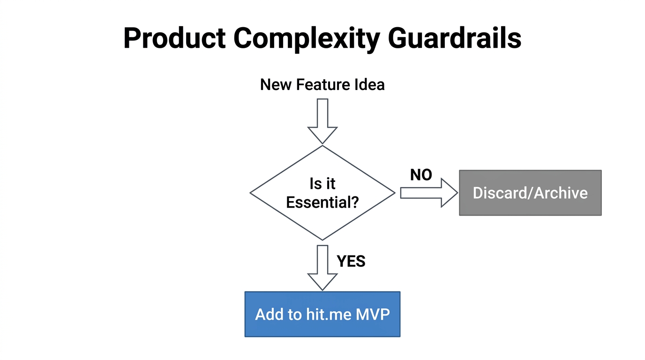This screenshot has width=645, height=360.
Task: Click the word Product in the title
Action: point(174,38)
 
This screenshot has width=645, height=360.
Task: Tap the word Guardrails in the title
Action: point(455,38)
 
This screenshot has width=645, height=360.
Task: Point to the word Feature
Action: point(321,85)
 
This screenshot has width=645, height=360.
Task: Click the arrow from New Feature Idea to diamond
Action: point(322,120)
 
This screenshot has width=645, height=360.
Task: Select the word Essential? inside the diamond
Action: point(322,202)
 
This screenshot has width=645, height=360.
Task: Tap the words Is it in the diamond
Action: point(322,184)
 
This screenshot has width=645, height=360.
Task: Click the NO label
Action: point(421,175)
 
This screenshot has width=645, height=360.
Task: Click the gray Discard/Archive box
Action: point(530,193)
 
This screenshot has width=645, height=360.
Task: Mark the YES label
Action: point(351,261)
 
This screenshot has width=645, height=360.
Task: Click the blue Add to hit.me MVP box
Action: point(322,314)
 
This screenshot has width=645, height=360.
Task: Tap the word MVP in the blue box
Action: point(373,314)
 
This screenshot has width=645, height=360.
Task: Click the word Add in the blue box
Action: point(269,314)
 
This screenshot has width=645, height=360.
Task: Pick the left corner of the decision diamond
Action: point(251,193)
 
